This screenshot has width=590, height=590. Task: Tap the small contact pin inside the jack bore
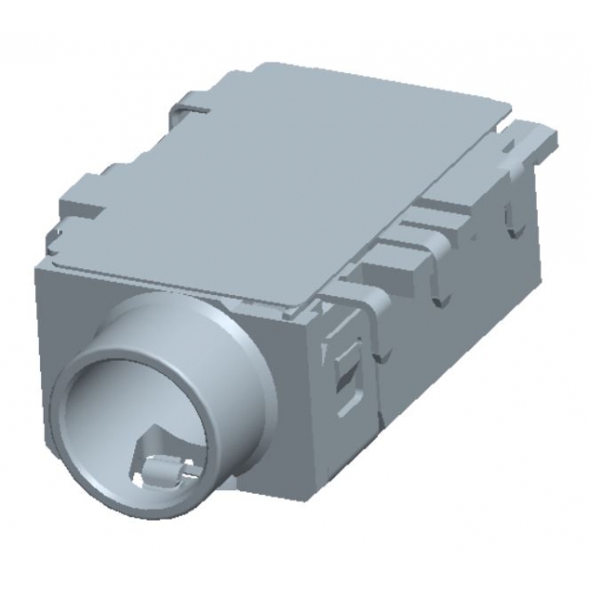pos(163,467)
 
